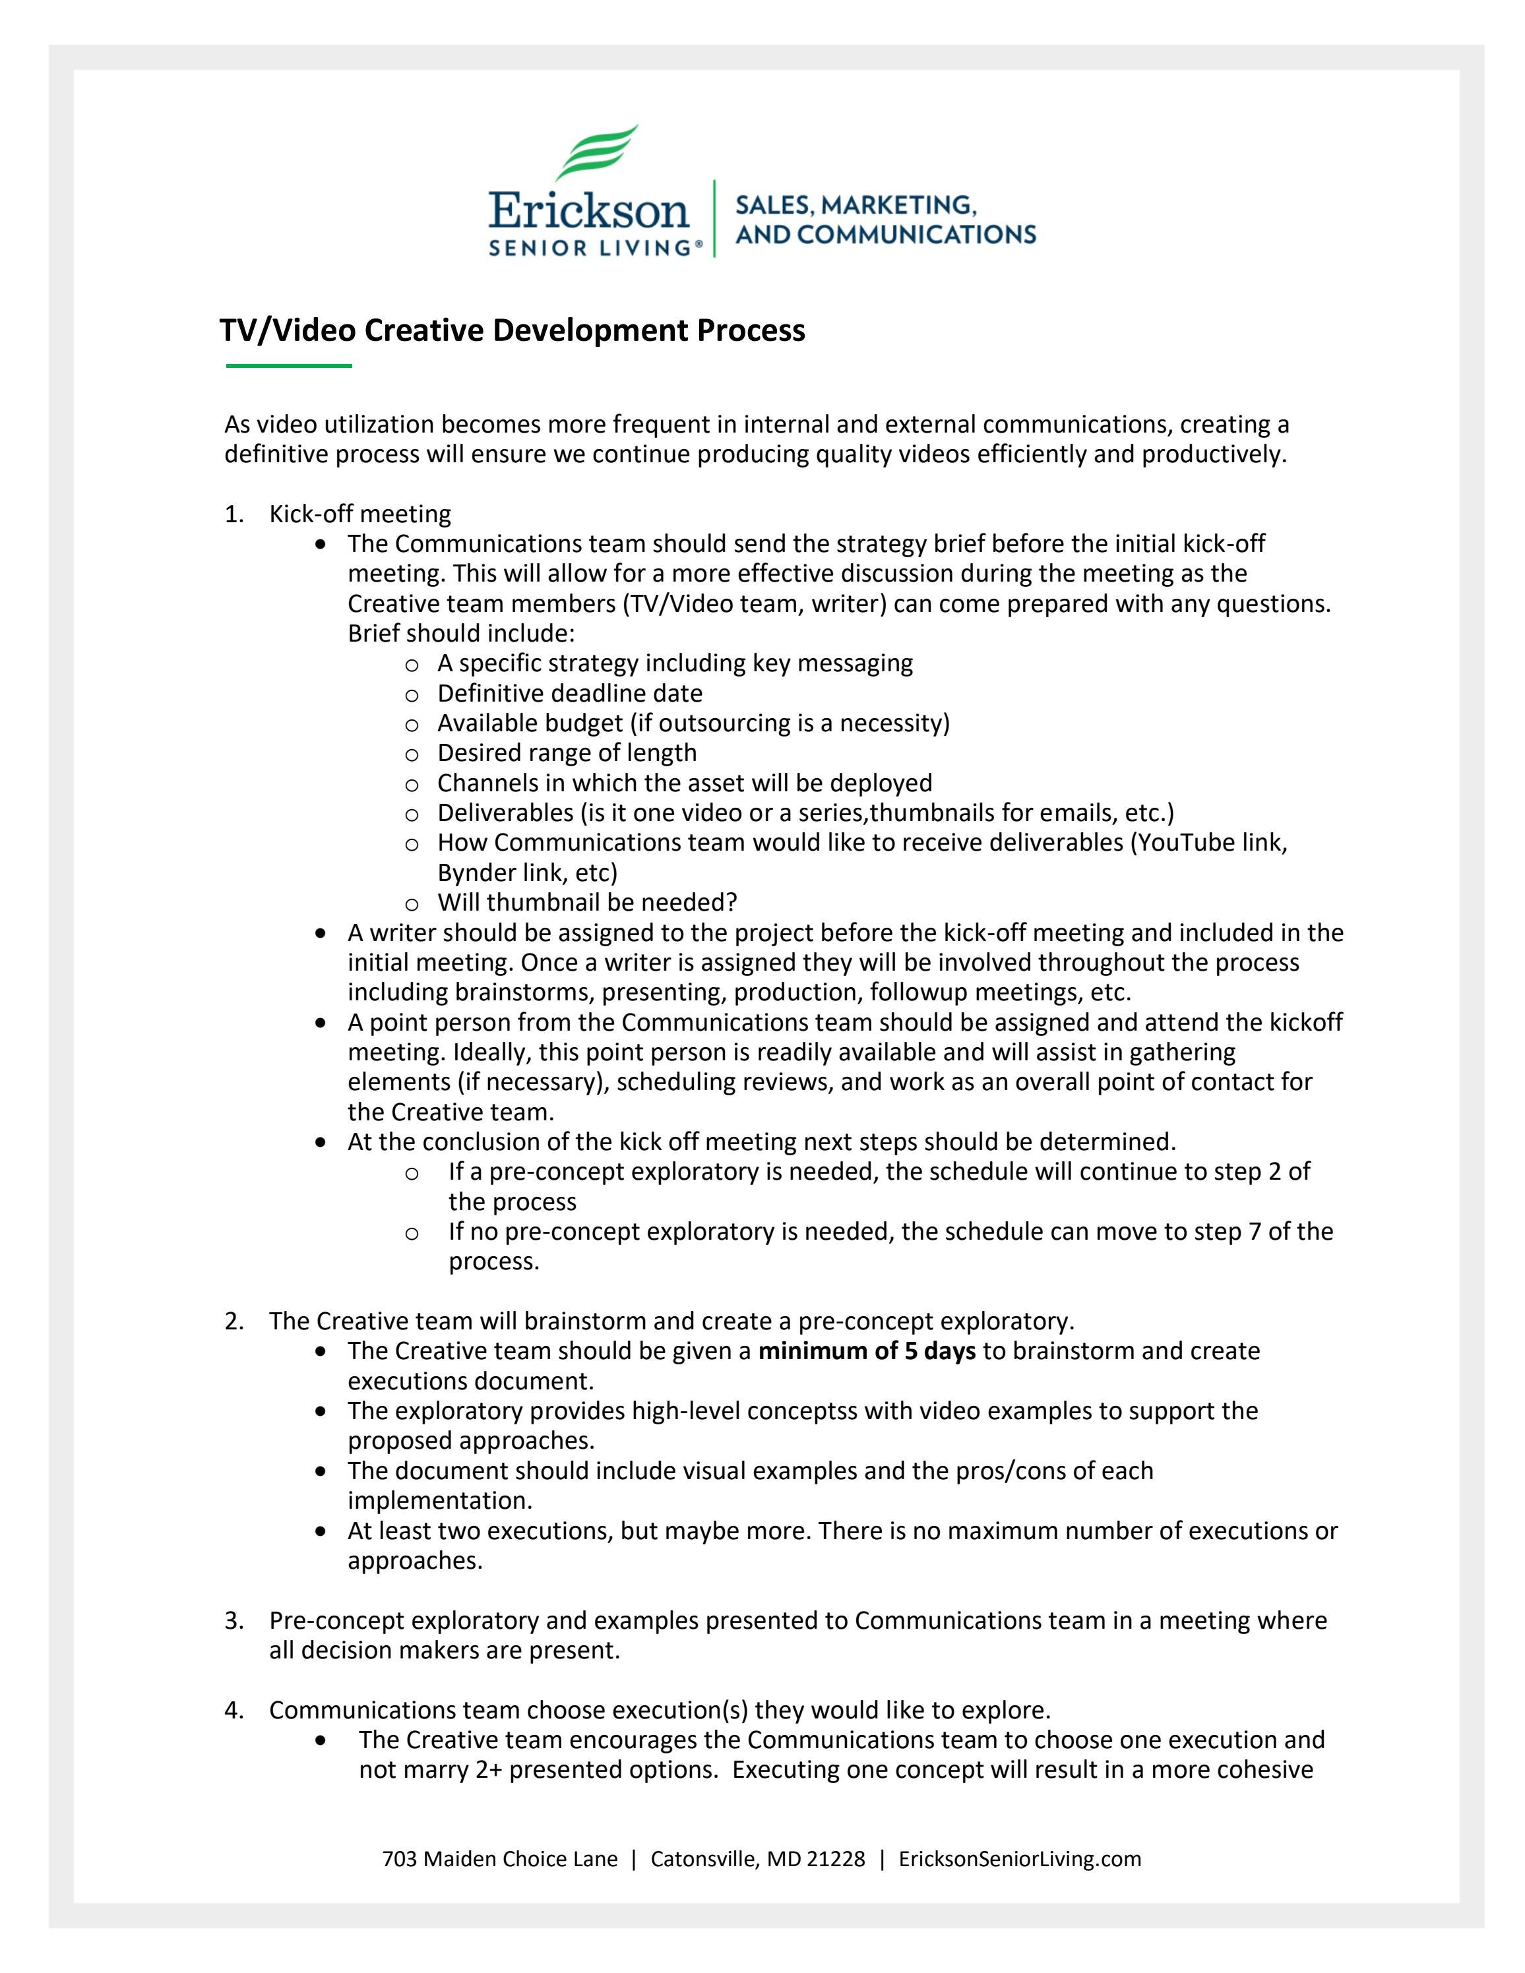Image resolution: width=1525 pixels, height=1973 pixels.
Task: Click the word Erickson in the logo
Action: click(x=588, y=210)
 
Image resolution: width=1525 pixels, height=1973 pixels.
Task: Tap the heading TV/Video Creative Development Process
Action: click(x=513, y=330)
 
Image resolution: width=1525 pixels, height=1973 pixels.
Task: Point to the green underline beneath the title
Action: click(x=288, y=366)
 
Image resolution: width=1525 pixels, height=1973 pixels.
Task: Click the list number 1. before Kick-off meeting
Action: click(x=234, y=514)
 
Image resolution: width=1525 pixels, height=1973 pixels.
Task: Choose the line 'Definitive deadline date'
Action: click(x=570, y=693)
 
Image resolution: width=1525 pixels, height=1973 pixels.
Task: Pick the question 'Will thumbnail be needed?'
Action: click(x=587, y=903)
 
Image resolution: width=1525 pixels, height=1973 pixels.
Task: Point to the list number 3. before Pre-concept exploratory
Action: click(x=234, y=1621)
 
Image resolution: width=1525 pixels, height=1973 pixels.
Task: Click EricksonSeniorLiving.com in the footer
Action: click(x=1020, y=1859)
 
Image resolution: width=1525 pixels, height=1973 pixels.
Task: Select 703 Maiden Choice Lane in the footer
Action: click(x=499, y=1859)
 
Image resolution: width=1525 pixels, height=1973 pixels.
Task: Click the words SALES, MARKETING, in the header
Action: click(x=856, y=204)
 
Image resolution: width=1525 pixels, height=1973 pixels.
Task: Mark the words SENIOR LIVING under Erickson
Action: click(x=591, y=247)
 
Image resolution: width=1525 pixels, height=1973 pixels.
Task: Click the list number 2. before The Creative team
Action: click(x=234, y=1321)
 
